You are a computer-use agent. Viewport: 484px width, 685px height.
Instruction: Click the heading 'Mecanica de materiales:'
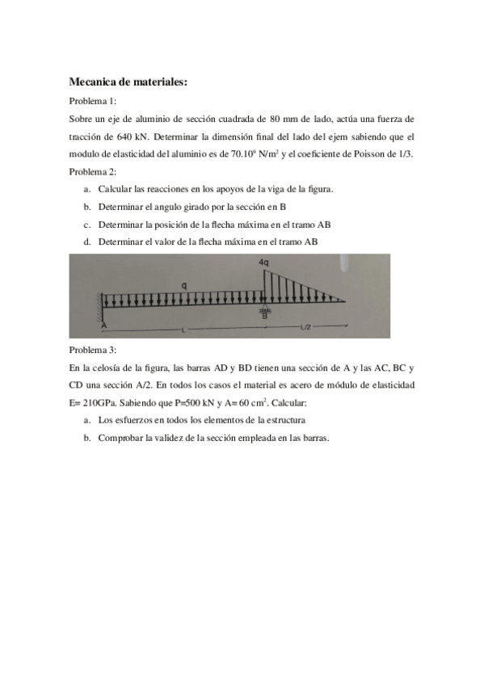[128, 82]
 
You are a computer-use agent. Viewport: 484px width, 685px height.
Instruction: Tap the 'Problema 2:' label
[93, 171]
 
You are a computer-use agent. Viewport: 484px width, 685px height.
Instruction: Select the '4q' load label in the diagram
[265, 263]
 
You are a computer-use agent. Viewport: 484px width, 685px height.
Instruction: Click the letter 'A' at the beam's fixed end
[104, 325]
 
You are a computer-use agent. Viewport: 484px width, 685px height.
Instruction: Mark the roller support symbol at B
[264, 310]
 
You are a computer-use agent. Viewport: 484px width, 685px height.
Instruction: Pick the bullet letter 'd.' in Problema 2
[86, 242]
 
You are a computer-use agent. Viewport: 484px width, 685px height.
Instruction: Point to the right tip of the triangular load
[345, 301]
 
